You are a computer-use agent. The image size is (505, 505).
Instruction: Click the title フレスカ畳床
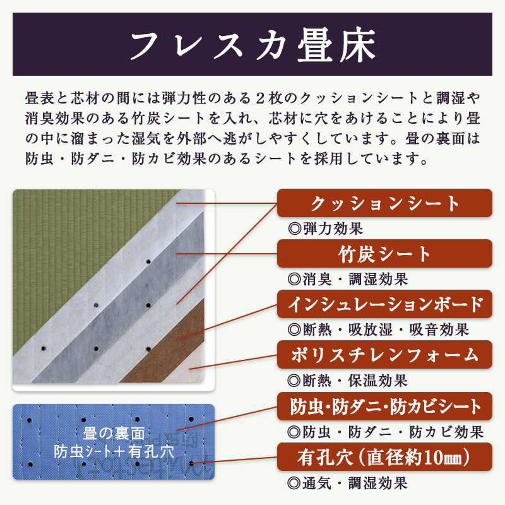253,44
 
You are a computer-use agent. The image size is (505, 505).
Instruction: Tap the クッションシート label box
384,203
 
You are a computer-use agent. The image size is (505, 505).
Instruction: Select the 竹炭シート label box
384,254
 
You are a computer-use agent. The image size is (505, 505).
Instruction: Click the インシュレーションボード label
384,304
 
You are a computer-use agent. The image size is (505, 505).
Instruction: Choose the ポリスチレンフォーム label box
384,355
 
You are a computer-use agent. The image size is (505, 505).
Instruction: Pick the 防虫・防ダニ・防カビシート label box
384,406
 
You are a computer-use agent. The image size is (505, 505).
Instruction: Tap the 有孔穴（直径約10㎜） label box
384,456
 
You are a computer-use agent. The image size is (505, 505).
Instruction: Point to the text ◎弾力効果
325,229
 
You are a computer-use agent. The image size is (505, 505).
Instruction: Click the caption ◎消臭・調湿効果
348,279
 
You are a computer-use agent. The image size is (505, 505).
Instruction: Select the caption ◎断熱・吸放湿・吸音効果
378,330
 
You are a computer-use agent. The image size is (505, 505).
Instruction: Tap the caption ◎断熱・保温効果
348,381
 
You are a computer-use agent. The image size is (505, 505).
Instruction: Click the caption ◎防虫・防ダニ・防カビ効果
386,432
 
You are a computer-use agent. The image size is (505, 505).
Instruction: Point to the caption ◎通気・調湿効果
348,483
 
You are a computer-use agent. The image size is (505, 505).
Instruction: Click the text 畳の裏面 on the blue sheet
114,433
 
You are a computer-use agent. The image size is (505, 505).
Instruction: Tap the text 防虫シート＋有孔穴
114,451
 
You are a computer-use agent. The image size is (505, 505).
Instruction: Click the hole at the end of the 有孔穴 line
191,464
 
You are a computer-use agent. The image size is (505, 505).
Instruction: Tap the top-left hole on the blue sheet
30,420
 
